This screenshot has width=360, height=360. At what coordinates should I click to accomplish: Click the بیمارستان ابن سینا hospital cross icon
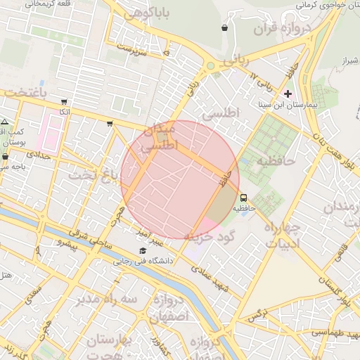click(x=288, y=94)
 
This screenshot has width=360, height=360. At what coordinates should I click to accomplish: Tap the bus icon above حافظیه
click(x=243, y=198)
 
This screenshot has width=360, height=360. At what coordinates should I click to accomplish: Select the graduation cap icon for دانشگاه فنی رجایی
click(x=143, y=251)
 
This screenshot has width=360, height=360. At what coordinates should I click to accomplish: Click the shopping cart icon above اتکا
click(x=65, y=102)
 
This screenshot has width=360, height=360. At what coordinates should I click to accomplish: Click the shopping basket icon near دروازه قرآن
click(x=224, y=28)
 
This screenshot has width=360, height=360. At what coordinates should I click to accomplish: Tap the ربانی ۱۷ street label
click(x=264, y=83)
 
